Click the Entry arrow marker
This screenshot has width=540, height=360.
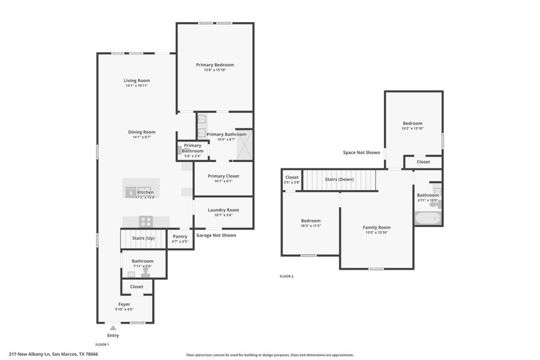tap(113, 328)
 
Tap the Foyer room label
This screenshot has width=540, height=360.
tap(124, 304)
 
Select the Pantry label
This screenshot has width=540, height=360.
tap(180, 236)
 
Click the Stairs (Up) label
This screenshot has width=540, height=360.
tap(143, 238)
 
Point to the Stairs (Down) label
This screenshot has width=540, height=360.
tap(339, 179)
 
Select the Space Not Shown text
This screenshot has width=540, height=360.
tap(361, 152)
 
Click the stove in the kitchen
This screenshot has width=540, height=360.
tap(146, 220)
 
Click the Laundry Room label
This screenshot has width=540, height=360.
tap(223, 210)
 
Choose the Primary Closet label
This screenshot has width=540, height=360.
tap(223, 176)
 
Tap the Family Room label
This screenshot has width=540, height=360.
tap(376, 227)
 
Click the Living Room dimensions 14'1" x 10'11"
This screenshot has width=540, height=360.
tap(137, 86)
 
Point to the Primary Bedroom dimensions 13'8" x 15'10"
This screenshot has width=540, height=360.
tap(215, 70)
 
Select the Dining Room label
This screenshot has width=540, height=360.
tap(142, 132)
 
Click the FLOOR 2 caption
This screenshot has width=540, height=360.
tap(287, 276)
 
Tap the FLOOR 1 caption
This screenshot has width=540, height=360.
tap(102, 344)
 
